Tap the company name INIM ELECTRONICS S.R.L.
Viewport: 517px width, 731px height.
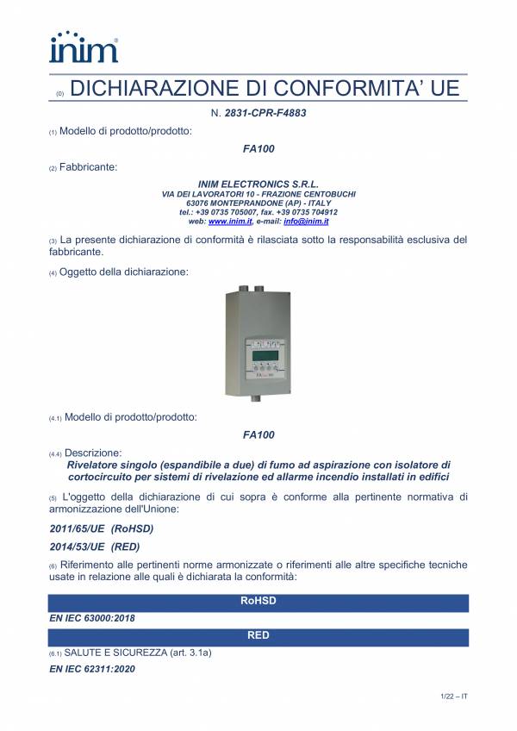pos(258,184)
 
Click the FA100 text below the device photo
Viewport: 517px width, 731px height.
pos(258,435)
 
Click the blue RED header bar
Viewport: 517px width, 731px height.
pos(258,636)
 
